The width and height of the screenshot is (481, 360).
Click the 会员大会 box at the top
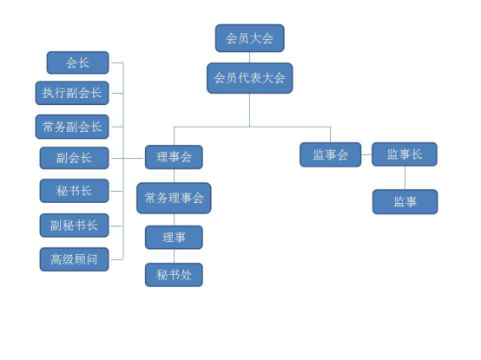coord(250,38)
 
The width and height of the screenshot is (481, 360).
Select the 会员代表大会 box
coord(250,78)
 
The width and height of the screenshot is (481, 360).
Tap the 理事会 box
coord(174,157)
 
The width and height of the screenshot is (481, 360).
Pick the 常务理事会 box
coord(174,199)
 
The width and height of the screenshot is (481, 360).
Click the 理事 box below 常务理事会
coord(174,238)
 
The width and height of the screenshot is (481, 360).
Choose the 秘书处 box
coord(174,275)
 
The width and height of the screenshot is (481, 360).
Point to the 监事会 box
coord(331,154)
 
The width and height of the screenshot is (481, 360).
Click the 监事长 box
coord(405,154)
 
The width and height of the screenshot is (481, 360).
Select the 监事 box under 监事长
coord(405,202)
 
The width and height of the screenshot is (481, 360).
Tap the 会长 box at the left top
coord(77,62)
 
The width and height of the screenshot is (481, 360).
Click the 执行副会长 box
coord(72,93)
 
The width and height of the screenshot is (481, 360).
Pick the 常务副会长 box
coord(72,127)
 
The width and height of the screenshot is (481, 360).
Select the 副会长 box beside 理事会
coord(75,158)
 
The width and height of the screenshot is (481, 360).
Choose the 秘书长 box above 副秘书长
coord(75,191)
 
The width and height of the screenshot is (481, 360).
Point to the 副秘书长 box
coord(75,226)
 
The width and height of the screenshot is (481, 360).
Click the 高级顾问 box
coord(75,259)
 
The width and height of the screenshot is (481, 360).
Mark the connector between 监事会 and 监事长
coord(366,154)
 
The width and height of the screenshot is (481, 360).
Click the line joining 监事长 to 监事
coord(405,178)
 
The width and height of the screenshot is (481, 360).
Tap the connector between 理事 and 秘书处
coord(174,256)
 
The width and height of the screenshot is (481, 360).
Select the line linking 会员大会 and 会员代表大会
coord(249,57)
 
